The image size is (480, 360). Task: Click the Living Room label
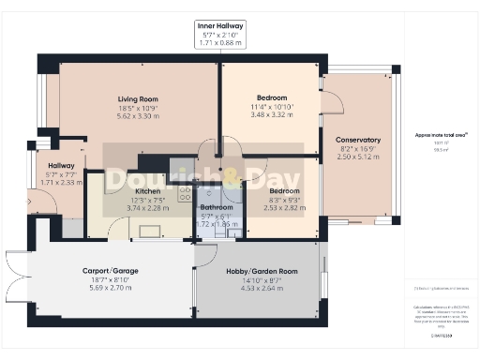[x=138, y=99]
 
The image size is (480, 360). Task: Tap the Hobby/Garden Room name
[x=262, y=271]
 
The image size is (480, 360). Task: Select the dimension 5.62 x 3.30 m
[x=138, y=117]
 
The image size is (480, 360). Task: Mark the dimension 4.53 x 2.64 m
[x=262, y=289]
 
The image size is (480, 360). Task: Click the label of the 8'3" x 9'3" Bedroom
[x=259, y=189]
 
